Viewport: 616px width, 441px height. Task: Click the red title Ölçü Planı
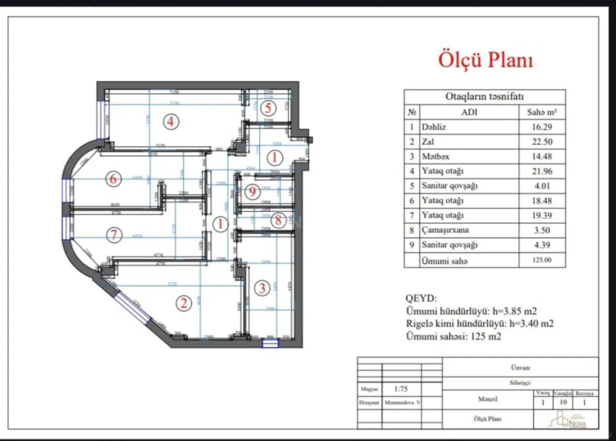[x=486, y=60]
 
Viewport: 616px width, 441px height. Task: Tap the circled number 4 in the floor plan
[x=171, y=121]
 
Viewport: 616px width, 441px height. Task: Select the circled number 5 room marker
[x=268, y=107]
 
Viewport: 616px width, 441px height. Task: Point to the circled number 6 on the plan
[x=113, y=179]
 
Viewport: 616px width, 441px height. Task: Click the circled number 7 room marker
[x=113, y=235]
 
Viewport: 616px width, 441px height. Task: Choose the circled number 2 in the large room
[x=183, y=302]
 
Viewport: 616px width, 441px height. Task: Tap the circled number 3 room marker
[x=263, y=288]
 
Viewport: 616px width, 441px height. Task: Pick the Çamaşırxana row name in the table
[x=446, y=230]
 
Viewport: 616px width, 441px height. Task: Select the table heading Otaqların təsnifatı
[x=484, y=97]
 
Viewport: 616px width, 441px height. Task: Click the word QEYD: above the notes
[x=421, y=299]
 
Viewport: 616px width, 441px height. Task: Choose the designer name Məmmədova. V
[x=399, y=403]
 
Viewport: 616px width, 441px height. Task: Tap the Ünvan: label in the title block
[x=520, y=367]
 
